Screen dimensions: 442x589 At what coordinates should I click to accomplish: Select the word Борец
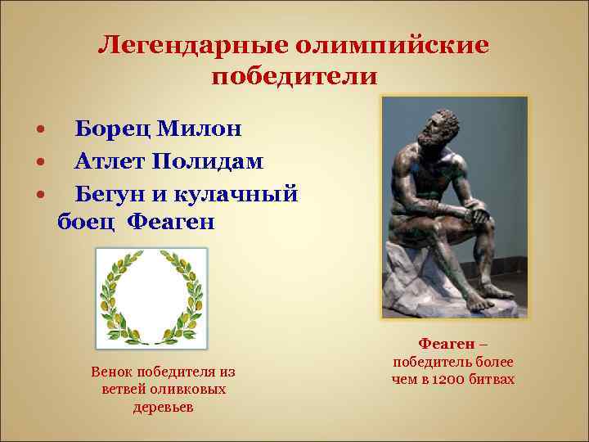tap(111, 129)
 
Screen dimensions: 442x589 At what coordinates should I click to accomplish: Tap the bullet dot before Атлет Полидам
tap(39, 163)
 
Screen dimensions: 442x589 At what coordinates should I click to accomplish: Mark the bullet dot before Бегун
tap(39, 195)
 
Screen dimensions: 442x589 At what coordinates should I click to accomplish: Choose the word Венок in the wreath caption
tap(111, 373)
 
